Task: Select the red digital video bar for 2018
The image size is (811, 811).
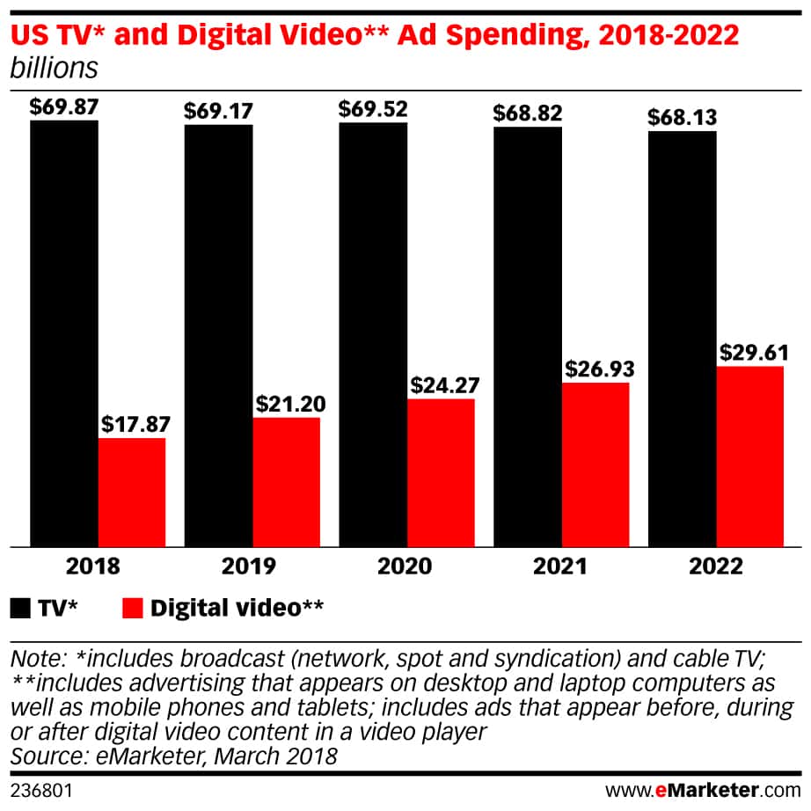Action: [x=132, y=492]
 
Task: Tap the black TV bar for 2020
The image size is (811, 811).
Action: [x=373, y=334]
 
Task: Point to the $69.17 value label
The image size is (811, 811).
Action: [x=218, y=112]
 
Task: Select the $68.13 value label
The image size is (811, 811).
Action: [x=683, y=118]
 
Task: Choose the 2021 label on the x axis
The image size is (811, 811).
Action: [x=559, y=566]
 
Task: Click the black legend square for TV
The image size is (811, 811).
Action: [x=20, y=608]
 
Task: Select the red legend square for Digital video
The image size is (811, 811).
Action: [x=133, y=608]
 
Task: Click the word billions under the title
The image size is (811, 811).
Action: [x=53, y=67]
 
